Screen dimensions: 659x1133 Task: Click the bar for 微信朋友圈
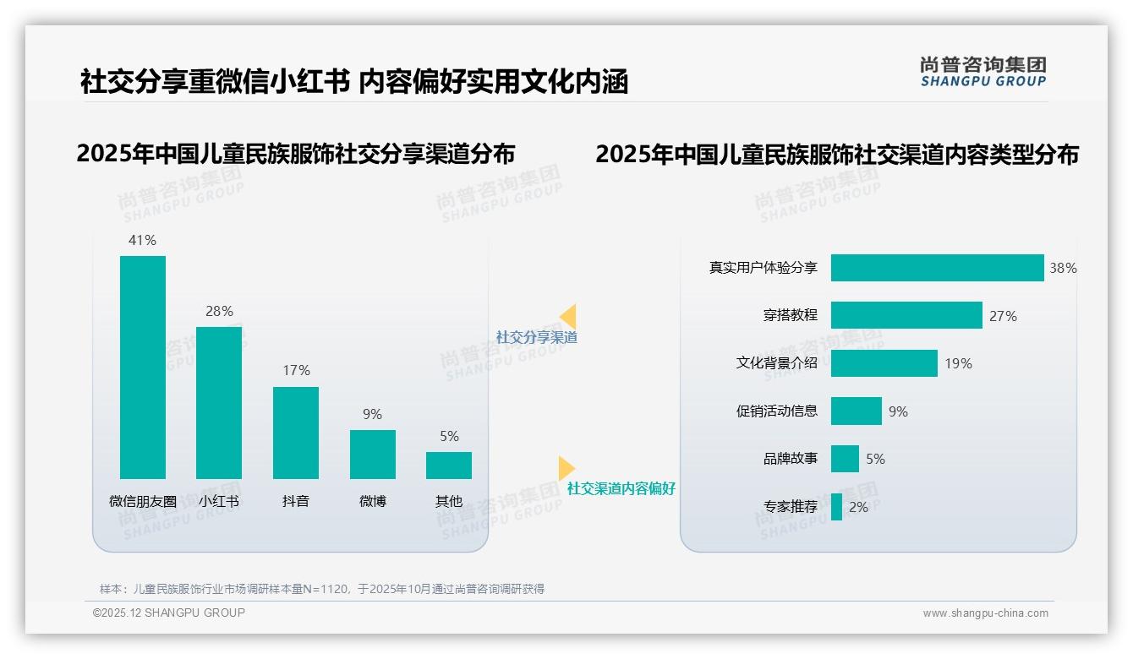pos(143,368)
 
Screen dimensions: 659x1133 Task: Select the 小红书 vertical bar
pos(219,403)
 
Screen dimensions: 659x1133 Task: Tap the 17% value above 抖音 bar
pos(296,370)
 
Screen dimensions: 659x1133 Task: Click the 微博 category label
pos(372,501)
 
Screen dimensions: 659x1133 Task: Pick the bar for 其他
pos(449,466)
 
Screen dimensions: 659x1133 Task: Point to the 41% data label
pos(142,240)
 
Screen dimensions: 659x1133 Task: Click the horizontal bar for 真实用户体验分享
pos(937,268)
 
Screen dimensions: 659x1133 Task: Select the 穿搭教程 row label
pos(791,315)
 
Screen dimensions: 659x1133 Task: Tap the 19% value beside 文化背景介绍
pos(958,363)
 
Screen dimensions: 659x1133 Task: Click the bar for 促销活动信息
pos(856,411)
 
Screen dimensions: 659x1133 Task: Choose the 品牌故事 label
pos(791,459)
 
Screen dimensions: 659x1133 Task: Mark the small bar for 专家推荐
pos(836,507)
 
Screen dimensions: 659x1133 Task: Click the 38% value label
pos(1063,268)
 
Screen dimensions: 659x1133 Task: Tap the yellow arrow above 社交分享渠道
pos(568,317)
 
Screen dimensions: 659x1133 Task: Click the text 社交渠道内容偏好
pos(621,488)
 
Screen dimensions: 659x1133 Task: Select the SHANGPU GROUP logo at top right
pos(983,72)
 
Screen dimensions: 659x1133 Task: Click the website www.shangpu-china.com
pos(985,613)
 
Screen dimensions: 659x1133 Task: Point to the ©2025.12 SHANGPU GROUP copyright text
pos(169,613)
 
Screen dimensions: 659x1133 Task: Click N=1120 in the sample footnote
pos(326,589)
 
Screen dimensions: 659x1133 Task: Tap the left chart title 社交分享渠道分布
pos(295,154)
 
